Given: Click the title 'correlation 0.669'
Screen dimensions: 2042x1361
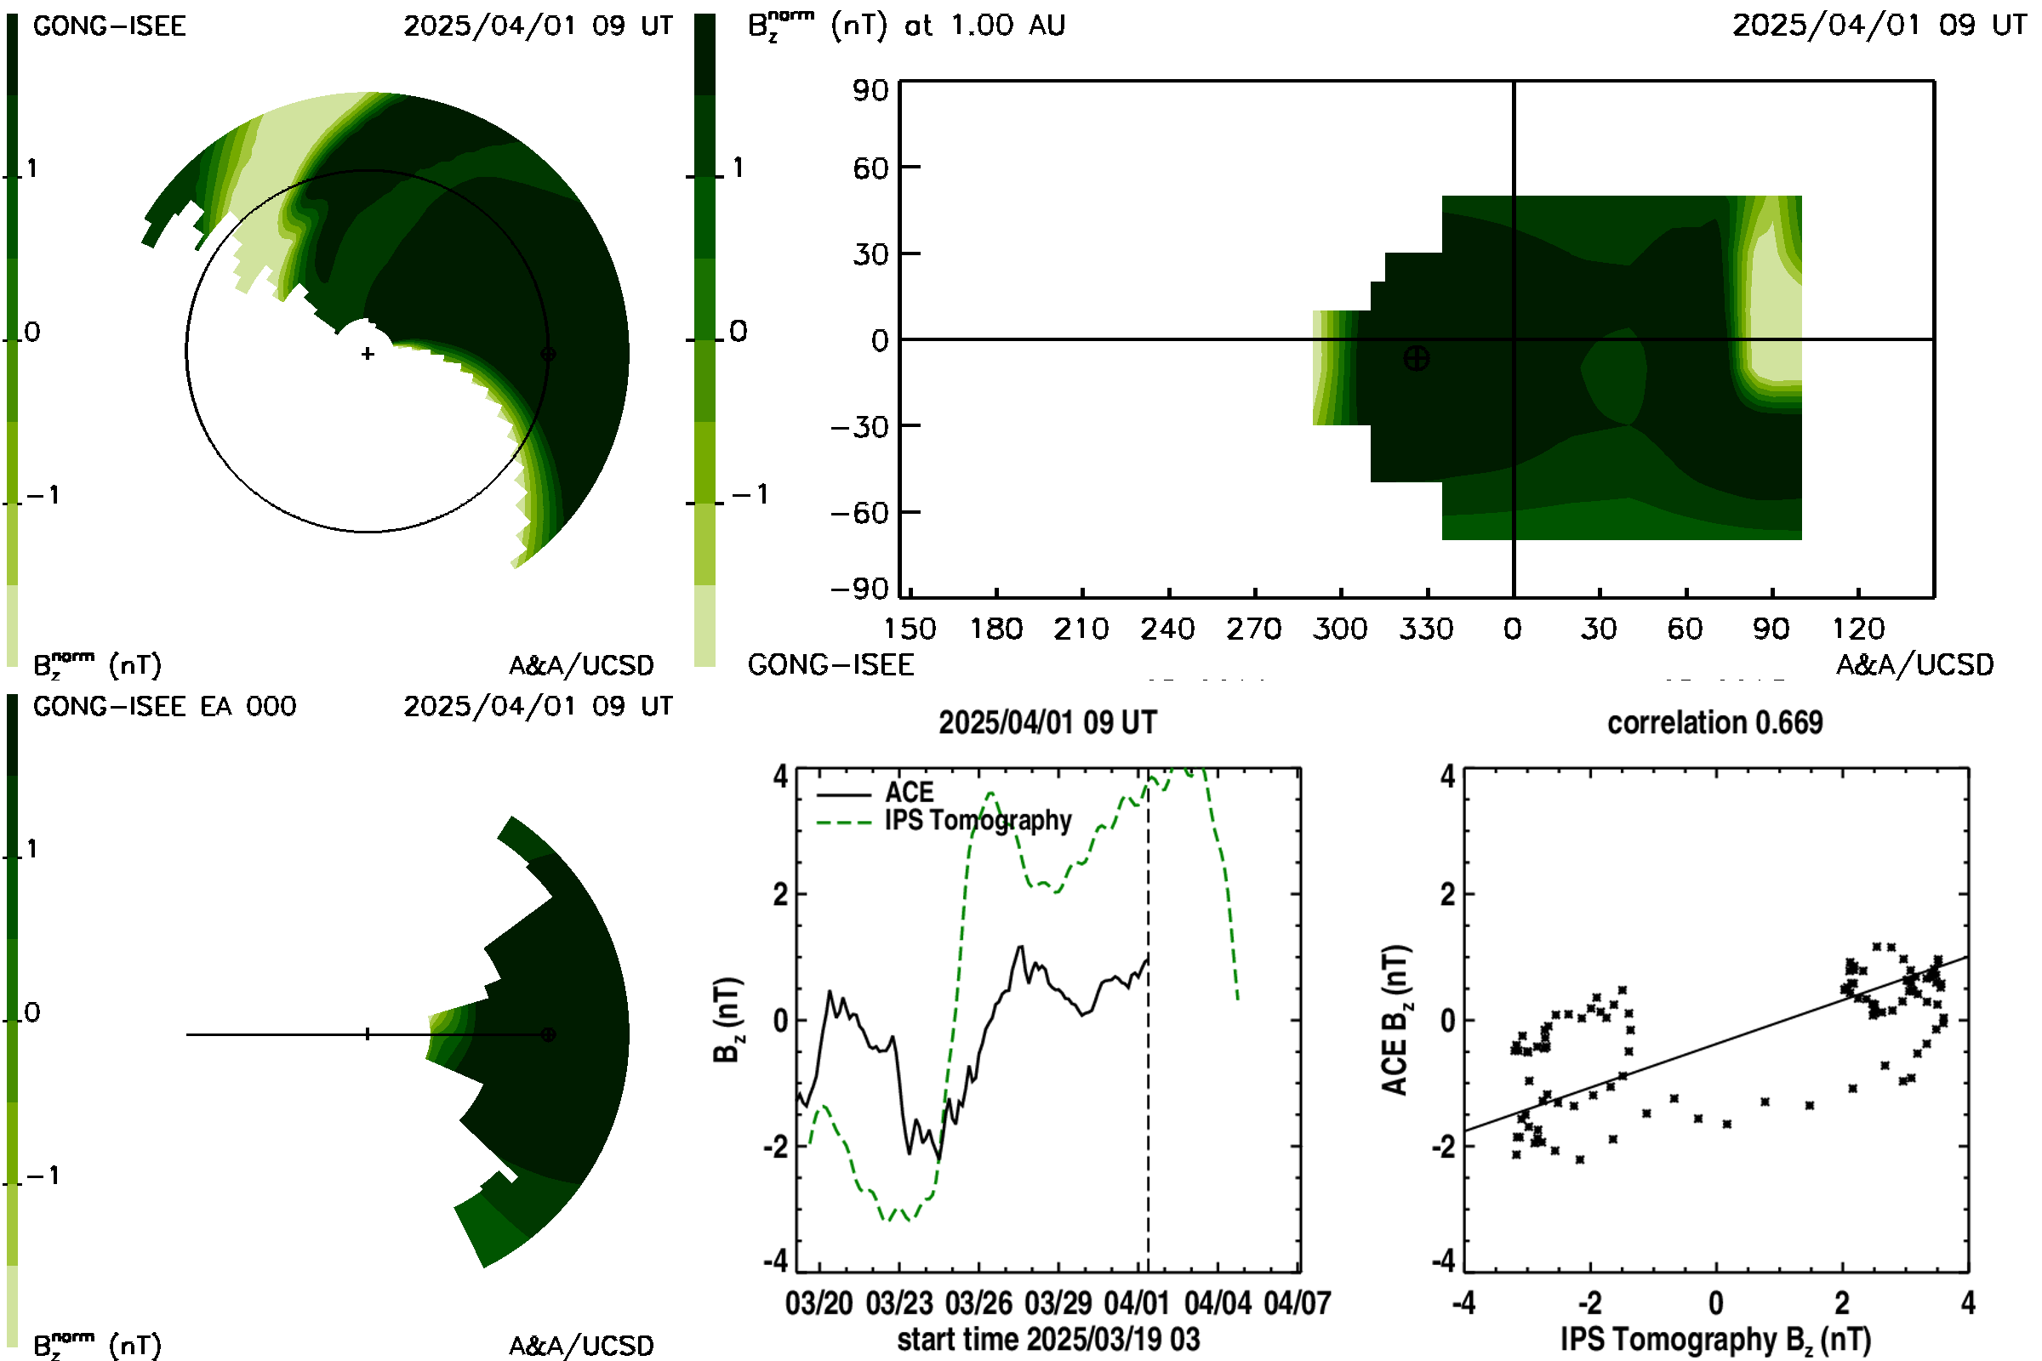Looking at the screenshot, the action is [1714, 723].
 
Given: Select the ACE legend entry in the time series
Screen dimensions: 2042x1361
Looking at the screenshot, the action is [876, 793].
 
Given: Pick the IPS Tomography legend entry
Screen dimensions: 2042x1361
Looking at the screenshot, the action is [944, 820].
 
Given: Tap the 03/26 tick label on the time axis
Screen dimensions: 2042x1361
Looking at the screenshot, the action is [979, 1303].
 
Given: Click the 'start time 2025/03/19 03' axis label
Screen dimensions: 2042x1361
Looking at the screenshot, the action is [1049, 1339].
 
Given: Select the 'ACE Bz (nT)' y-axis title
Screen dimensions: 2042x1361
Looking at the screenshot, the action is [1395, 1020].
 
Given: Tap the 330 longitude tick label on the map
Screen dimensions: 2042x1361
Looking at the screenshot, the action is [1427, 629].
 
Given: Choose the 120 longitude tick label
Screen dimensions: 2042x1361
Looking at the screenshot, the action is [1858, 629].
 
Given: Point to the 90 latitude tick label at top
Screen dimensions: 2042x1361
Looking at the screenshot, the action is [870, 90].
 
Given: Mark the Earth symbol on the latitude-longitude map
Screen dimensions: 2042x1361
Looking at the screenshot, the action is [1417, 357].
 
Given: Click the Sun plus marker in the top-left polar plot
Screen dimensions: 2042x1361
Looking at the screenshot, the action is [368, 354].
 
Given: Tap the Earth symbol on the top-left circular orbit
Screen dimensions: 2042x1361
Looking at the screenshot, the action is [548, 354].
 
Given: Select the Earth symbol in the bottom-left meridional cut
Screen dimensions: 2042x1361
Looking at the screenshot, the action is [548, 1034].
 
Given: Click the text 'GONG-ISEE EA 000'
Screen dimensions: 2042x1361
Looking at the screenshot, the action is [165, 707].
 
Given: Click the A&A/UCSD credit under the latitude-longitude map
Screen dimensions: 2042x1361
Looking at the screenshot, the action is [1914, 665].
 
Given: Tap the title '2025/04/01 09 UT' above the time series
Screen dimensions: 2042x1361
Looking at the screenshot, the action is [1048, 723].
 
